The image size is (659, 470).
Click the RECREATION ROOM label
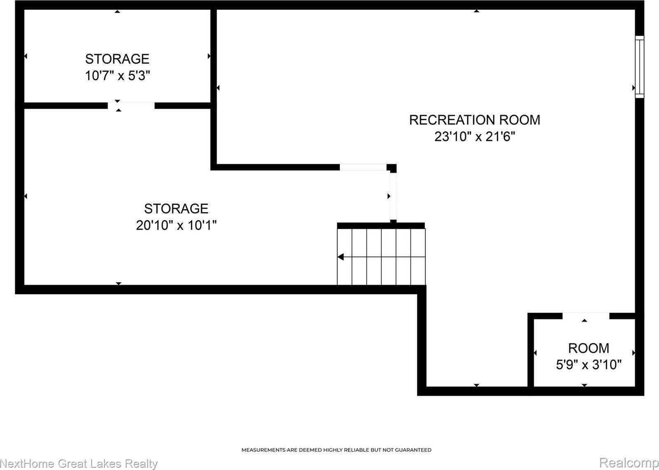(474, 120)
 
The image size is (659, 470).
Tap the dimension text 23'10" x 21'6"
(474, 136)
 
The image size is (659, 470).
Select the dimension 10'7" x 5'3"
(117, 76)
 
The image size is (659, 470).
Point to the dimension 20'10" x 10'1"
(176, 225)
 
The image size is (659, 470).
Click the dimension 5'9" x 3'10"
(589, 365)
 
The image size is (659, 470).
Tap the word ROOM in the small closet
(589, 348)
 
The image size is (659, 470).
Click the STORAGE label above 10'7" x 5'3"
(117, 59)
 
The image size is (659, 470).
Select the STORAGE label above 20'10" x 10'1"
(176, 208)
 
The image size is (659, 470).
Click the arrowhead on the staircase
(341, 257)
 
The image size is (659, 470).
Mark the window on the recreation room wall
(639, 67)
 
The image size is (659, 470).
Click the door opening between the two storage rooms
(131, 105)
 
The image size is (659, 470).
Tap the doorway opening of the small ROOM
(586, 316)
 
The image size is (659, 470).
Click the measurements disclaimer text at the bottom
(336, 450)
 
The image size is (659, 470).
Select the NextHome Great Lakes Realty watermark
(79, 464)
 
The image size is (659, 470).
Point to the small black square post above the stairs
(393, 168)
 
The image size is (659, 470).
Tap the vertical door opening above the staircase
(393, 196)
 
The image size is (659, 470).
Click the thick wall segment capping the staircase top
(381, 225)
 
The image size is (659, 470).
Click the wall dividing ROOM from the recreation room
(531, 352)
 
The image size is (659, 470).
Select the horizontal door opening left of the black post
(363, 167)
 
